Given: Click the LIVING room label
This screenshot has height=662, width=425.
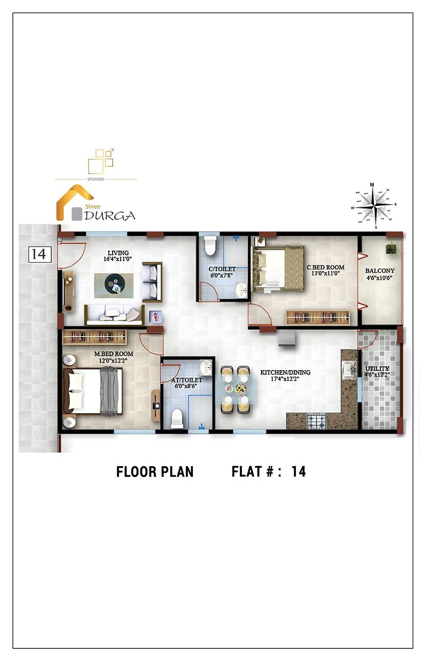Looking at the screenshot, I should pyautogui.click(x=118, y=253).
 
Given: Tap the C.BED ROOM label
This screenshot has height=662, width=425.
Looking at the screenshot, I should pyautogui.click(x=326, y=268).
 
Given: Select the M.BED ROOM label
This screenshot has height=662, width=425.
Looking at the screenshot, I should pyautogui.click(x=113, y=354).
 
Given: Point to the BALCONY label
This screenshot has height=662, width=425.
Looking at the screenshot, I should pyautogui.click(x=380, y=271).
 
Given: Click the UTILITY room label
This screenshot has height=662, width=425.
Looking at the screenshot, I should pyautogui.click(x=377, y=368).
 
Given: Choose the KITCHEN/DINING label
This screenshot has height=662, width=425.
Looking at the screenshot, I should pyautogui.click(x=285, y=372).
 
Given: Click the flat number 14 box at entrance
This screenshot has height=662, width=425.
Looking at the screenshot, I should pyautogui.click(x=40, y=254).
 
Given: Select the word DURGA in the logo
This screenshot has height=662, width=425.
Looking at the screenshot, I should pyautogui.click(x=110, y=216).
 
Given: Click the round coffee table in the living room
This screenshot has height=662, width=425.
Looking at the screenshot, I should pyautogui.click(x=113, y=282).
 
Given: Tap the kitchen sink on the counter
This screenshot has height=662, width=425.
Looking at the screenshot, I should pyautogui.click(x=349, y=369).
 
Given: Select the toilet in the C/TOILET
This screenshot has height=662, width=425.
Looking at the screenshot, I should pyautogui.click(x=210, y=245).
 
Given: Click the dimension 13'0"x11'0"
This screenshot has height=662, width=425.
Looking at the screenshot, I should pyautogui.click(x=326, y=274).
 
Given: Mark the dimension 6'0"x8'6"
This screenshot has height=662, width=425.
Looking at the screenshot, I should pyautogui.click(x=189, y=386).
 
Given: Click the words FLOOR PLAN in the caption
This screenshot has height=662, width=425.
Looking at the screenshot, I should pyautogui.click(x=155, y=472).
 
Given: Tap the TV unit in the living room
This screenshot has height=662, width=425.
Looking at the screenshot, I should pyautogui.click(x=68, y=292).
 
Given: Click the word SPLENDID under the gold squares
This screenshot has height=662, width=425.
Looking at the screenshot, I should pyautogui.click(x=96, y=179).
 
